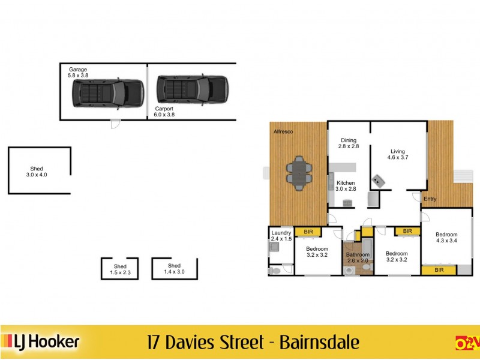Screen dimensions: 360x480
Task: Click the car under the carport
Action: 193,89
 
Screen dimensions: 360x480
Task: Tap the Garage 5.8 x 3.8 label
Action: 78,73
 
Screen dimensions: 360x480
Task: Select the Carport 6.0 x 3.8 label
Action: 164,112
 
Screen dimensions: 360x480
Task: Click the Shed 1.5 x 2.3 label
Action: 119,269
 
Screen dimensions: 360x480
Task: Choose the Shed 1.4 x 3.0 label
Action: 174,269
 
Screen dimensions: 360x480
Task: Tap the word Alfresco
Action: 283,131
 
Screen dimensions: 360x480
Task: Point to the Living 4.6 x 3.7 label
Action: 398,154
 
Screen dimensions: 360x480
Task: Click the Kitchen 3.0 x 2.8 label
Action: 346,186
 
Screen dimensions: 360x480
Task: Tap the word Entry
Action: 430,199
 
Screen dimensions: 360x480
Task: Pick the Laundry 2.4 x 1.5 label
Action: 281,236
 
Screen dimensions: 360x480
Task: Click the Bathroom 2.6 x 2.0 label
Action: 358,258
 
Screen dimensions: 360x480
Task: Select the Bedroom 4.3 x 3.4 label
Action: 446,238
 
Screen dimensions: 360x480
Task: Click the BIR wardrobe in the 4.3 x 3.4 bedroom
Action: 439,271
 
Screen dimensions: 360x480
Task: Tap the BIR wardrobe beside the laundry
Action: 308,232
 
